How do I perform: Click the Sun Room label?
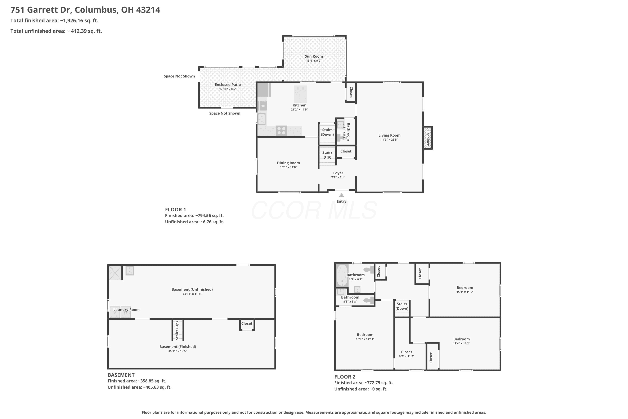click(314, 56)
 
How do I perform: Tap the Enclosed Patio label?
click(228, 85)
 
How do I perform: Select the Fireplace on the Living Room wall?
click(427, 138)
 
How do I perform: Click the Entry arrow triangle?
click(341, 195)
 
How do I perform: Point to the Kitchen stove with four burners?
click(281, 131)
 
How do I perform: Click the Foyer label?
click(338, 173)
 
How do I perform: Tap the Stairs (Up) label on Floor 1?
click(327, 155)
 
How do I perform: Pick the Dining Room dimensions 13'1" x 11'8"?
click(288, 167)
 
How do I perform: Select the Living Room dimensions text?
click(389, 140)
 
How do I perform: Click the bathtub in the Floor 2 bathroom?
click(342, 275)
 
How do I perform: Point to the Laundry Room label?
click(127, 310)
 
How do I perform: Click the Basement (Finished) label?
click(178, 347)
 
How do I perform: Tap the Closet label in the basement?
click(247, 323)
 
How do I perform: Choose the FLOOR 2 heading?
click(345, 377)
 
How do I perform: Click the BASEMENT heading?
click(121, 375)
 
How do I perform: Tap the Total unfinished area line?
click(56, 31)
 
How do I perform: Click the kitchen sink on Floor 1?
click(261, 119)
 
